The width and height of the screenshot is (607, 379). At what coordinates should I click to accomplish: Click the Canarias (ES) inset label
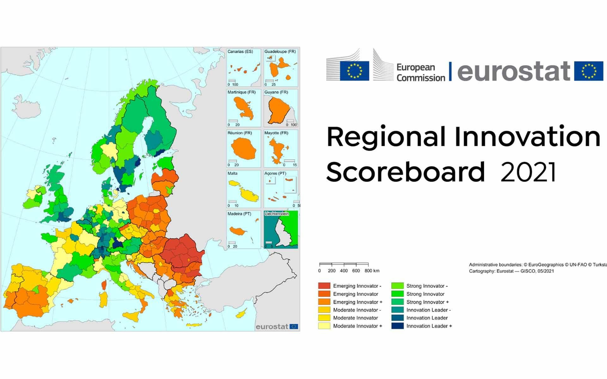tap(240, 52)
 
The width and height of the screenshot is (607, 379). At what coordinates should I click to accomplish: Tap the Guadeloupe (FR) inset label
tap(280, 52)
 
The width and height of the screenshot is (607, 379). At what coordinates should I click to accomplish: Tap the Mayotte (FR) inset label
tap(276, 133)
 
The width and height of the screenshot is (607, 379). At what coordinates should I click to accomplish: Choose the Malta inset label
tap(232, 174)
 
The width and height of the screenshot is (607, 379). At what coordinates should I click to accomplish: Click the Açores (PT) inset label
tap(275, 174)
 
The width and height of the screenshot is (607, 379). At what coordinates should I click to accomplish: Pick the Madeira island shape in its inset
tap(238, 231)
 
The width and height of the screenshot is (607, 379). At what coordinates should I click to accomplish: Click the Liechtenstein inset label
tap(277, 214)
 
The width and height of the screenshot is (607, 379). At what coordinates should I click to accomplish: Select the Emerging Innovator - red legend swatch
tap(324, 286)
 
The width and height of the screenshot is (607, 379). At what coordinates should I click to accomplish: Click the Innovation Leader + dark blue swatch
tap(397, 326)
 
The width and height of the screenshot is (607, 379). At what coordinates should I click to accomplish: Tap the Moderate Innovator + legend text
tap(357, 326)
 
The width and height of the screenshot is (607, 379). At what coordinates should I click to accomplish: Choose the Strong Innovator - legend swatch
tap(397, 286)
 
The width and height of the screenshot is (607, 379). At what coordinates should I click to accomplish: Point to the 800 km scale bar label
tap(372, 271)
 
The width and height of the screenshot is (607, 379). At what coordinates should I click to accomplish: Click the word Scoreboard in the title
tap(405, 172)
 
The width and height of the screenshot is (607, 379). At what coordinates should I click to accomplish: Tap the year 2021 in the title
tap(528, 172)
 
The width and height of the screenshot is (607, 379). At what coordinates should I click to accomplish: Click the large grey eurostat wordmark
tap(513, 71)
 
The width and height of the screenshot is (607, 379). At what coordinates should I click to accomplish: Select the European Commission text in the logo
tap(420, 72)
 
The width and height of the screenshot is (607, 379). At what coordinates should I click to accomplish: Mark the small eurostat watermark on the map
tap(272, 327)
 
